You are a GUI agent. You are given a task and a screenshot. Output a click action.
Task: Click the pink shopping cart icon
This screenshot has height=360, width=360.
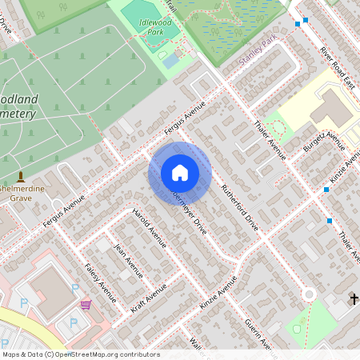point(86,305)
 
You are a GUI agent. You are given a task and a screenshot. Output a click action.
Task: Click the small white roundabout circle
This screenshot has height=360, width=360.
point(309,294)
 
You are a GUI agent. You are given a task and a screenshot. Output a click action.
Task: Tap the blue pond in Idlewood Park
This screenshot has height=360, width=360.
point(170,61)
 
